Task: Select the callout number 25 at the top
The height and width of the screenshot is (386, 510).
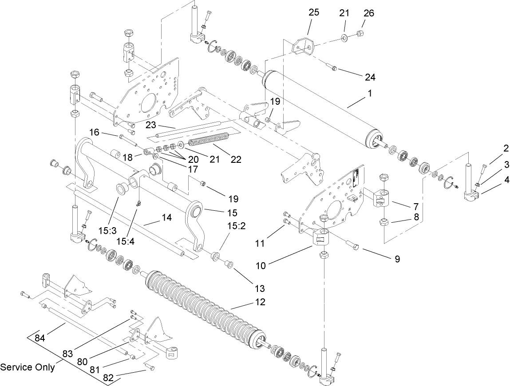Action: point(314,13)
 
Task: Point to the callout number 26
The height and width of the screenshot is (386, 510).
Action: point(368,13)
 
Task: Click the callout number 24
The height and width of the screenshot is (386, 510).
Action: point(370,77)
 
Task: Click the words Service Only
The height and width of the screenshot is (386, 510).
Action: point(27,367)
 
